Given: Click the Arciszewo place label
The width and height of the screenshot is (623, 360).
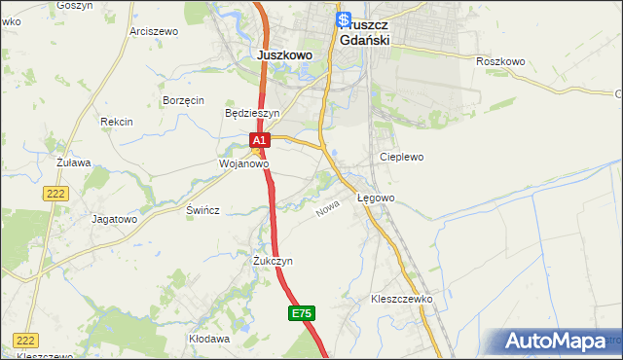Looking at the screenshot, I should (x=154, y=31).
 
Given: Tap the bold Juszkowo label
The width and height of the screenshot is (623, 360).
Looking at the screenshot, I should (x=285, y=55).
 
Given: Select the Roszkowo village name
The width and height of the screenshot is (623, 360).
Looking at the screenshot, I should (x=500, y=61).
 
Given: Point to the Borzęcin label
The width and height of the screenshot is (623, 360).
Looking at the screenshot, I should (x=183, y=100).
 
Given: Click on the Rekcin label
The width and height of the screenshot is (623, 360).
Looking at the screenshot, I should (x=116, y=122).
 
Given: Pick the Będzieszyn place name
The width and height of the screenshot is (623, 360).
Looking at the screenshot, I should (x=252, y=113).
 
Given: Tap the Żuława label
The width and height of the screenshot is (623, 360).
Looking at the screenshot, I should (x=73, y=162).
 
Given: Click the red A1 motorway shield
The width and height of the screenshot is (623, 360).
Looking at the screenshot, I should (x=258, y=142).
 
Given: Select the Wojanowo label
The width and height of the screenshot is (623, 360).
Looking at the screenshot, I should (x=242, y=164).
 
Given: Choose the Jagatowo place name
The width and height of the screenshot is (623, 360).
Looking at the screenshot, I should (x=114, y=219).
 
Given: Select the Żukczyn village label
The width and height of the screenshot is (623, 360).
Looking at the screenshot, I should (x=273, y=261).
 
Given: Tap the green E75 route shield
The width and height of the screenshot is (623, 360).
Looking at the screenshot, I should (x=302, y=313).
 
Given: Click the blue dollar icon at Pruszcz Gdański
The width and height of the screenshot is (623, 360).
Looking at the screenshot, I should (x=343, y=18).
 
